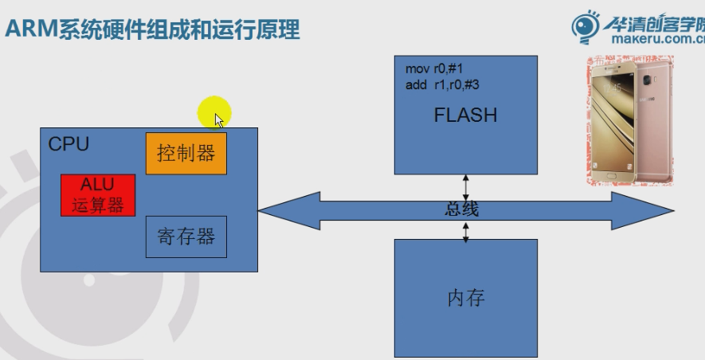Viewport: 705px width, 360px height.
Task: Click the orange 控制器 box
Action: click(x=186, y=153)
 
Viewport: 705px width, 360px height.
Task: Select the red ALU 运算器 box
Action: click(x=98, y=196)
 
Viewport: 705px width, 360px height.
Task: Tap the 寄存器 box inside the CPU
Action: click(x=186, y=237)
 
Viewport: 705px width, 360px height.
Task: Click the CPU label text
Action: click(x=69, y=144)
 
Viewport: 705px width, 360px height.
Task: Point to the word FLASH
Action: click(x=465, y=115)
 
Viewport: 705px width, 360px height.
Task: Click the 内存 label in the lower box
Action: click(x=466, y=299)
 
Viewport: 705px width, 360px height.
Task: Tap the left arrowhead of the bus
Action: click(x=275, y=210)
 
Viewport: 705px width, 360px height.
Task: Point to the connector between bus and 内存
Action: click(x=466, y=231)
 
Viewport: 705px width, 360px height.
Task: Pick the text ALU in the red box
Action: click(x=98, y=186)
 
